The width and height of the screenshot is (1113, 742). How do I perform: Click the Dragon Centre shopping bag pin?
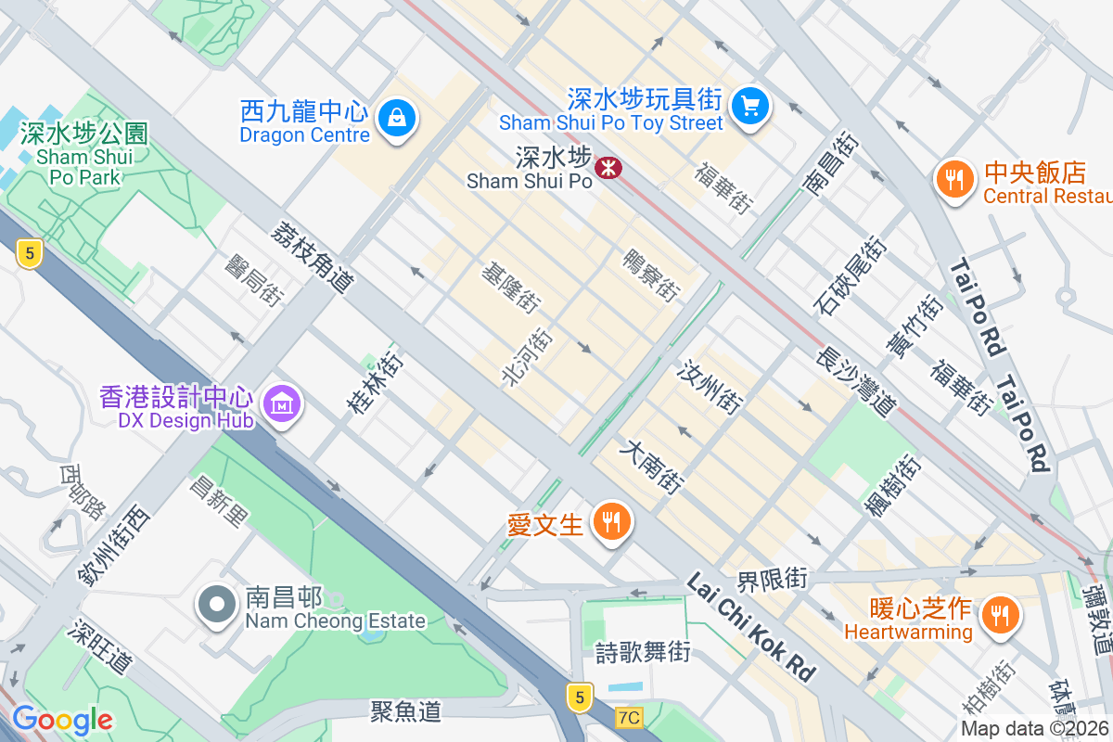[397, 119]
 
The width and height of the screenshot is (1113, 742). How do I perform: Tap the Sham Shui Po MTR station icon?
[608, 168]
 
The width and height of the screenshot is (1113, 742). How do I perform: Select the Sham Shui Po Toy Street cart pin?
[749, 106]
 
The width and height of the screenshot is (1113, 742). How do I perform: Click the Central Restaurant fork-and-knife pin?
[953, 177]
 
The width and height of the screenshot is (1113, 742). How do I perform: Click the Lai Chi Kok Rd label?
[751, 626]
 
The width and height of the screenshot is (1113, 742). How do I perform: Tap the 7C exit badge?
[628, 717]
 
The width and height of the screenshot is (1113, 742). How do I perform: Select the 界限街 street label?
[772, 580]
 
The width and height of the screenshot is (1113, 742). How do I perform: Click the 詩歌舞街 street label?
[643, 652]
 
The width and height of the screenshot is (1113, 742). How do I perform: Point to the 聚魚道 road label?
[405, 711]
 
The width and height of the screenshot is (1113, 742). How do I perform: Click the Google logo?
[62, 720]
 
